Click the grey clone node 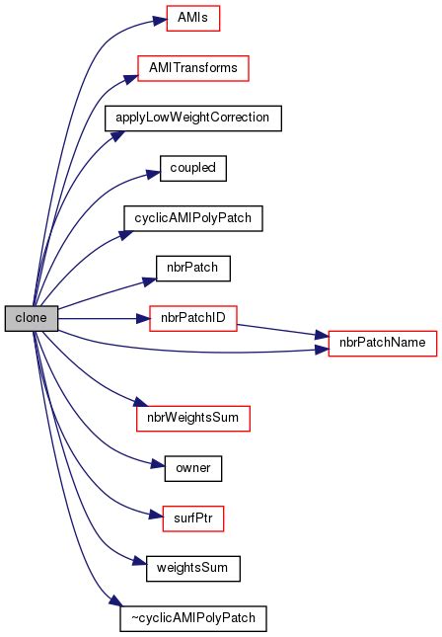tap(31, 318)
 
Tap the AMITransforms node tap(191, 67)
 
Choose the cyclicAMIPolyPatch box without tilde tap(191, 218)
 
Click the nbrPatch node tap(192, 269)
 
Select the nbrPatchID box tap(192, 319)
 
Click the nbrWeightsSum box tap(192, 418)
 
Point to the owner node tap(192, 468)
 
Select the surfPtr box tap(192, 518)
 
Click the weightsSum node tap(192, 569)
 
